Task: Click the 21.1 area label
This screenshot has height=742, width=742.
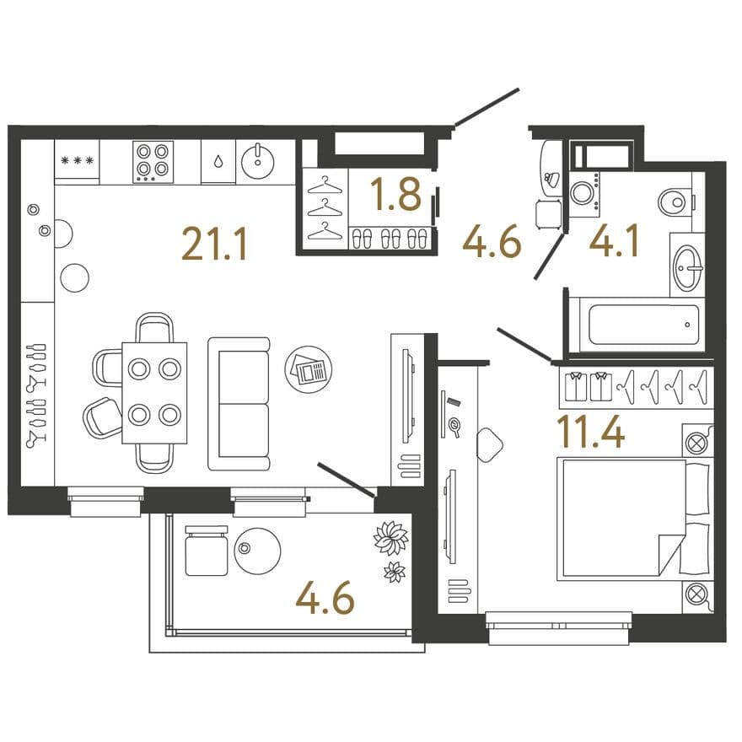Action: pos(214,245)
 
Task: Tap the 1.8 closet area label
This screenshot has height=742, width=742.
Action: pos(395,194)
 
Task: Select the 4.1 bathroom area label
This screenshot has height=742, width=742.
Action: pos(614,241)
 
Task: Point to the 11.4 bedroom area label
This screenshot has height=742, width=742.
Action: pos(591,431)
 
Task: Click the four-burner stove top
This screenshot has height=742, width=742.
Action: pos(153,162)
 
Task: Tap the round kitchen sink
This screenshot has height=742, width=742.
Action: pos(257,161)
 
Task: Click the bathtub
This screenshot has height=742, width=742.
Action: pos(643,325)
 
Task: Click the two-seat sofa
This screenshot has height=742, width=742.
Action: pos(239,404)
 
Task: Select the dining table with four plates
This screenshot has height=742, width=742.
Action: pos(154,393)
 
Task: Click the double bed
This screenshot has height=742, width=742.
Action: pos(635,519)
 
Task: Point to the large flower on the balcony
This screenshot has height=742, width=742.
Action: pos(391,538)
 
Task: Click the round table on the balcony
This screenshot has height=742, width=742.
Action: pos(257,551)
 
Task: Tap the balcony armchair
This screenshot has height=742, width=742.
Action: pos(207,551)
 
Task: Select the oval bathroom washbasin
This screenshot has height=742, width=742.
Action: pos(687,267)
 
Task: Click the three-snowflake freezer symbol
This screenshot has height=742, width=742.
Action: pos(77,161)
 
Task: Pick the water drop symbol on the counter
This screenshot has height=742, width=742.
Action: pos(218,162)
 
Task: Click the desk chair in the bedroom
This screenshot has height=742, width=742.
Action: pos(489,445)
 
